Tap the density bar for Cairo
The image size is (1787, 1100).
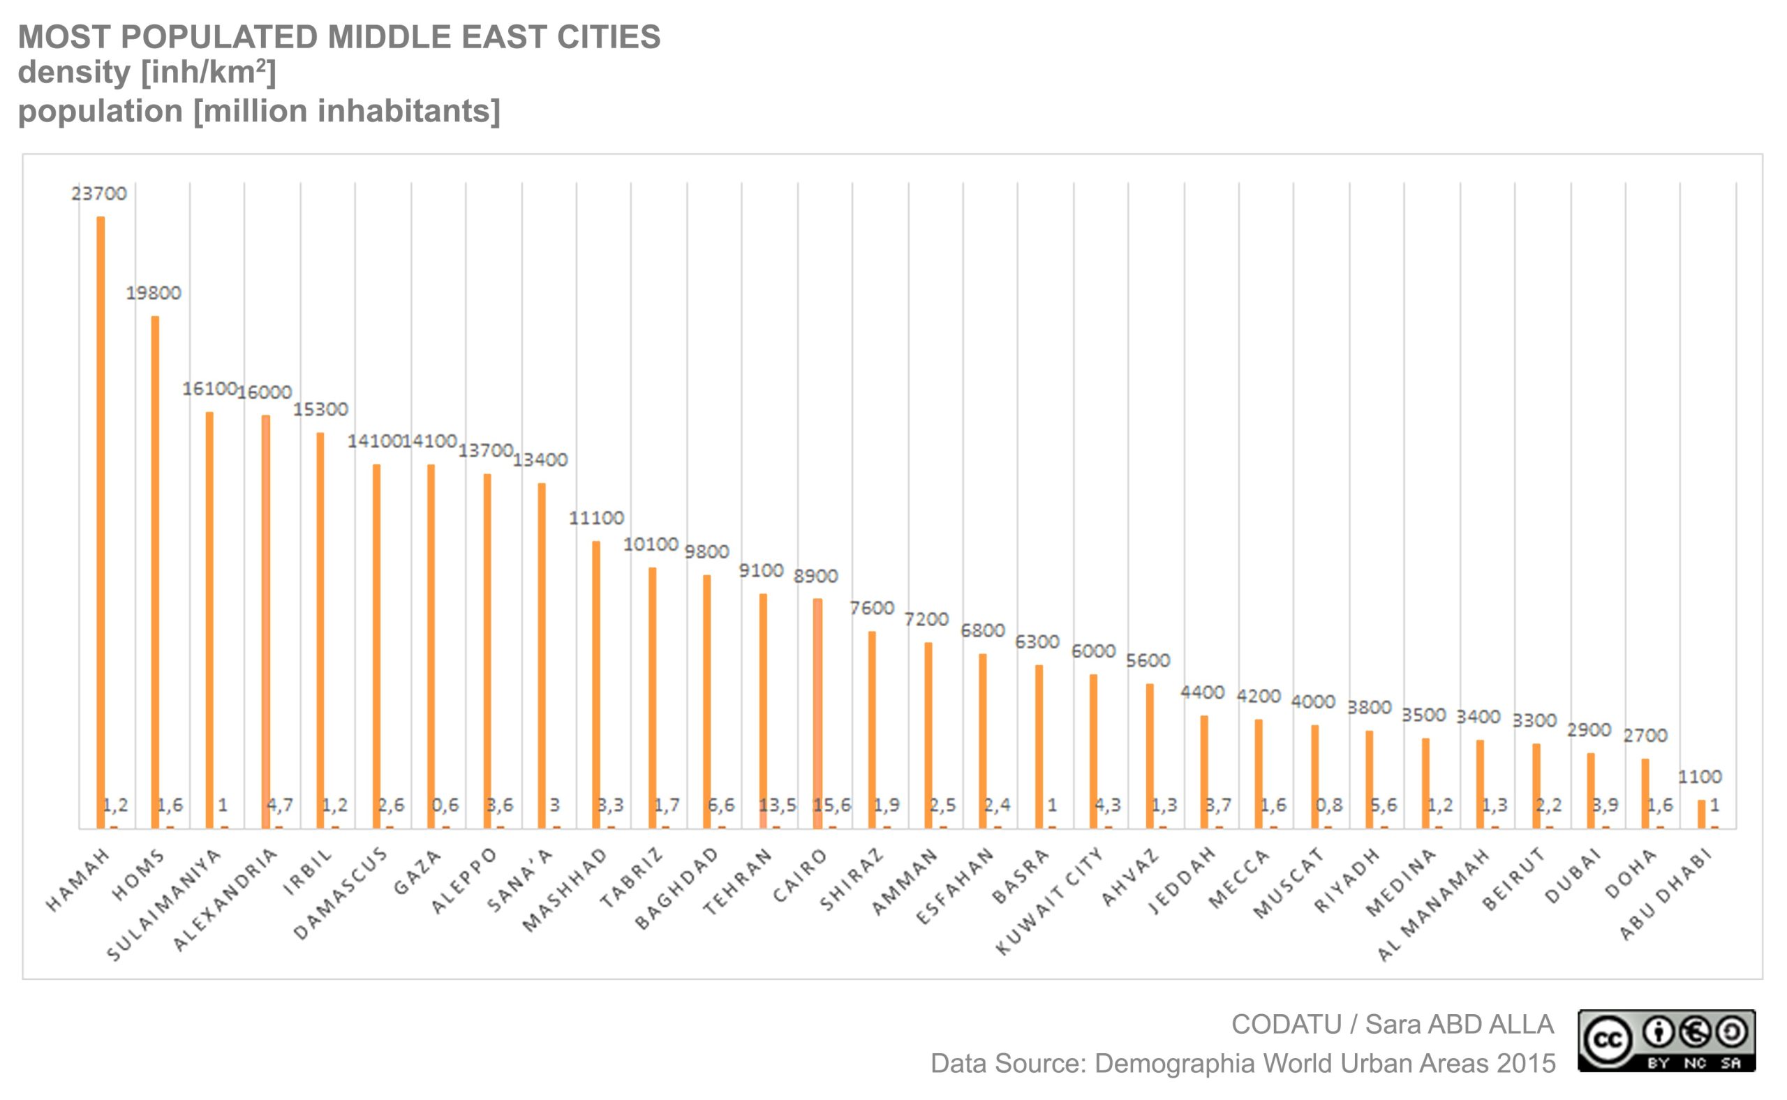[x=818, y=713]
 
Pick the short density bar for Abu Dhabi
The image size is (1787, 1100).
[x=1701, y=814]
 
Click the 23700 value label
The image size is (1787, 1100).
[x=99, y=193]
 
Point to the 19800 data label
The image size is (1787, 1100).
[x=154, y=293]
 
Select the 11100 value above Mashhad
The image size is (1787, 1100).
[x=596, y=518]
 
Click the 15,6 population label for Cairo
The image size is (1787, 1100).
[x=831, y=805]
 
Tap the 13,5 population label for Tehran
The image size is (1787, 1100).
[x=777, y=805]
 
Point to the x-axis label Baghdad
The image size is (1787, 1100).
[x=677, y=889]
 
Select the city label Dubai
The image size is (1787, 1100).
[x=1571, y=876]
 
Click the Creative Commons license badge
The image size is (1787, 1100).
[x=1666, y=1041]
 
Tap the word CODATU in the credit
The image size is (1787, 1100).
[x=1286, y=1025]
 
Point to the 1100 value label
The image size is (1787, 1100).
[x=1700, y=777]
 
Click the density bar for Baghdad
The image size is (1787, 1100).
[x=706, y=701]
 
